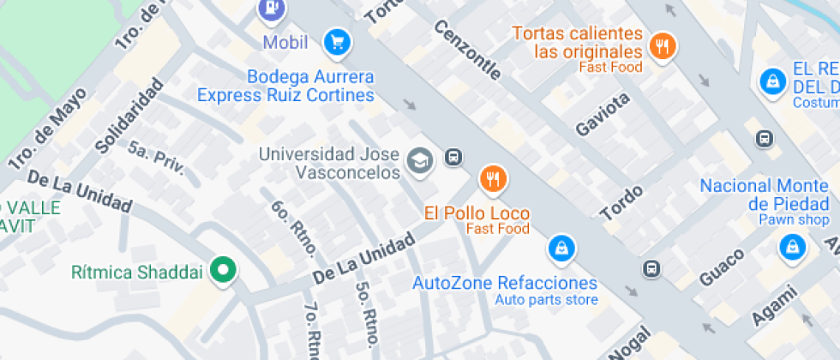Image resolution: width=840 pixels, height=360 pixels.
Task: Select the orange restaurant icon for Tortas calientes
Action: tap(661, 46)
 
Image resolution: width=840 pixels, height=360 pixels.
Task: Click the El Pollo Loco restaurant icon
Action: tap(493, 179)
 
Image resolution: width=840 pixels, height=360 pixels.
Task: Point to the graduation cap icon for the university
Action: tap(419, 159)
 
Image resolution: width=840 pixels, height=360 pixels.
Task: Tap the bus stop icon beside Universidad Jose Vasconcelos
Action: tap(453, 157)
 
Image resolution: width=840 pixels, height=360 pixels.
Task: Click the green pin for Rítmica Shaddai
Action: tap(224, 271)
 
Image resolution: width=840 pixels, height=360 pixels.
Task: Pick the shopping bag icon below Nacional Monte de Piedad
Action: tap(790, 248)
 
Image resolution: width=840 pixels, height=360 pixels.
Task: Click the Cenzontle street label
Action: tap(467, 51)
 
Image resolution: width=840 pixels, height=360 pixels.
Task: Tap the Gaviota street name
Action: tap(603, 114)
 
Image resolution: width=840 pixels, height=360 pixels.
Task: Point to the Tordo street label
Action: tap(621, 201)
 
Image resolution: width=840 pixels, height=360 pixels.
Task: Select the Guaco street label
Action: tap(721, 267)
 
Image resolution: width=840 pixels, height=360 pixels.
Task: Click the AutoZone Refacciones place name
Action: tap(505, 283)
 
